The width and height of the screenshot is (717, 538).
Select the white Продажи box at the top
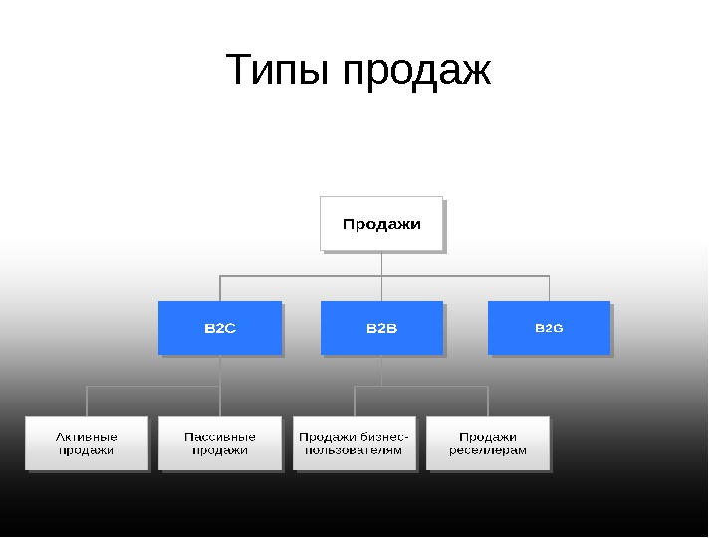click(381, 224)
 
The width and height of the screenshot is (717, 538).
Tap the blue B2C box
click(220, 328)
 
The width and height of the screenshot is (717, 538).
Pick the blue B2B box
click(381, 328)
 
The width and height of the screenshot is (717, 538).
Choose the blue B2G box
click(549, 328)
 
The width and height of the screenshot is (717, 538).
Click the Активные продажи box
click(87, 443)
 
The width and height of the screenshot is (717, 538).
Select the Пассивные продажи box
click(220, 443)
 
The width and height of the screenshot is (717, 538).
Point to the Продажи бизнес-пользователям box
click(355, 443)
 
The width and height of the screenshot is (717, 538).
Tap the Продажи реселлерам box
click(488, 443)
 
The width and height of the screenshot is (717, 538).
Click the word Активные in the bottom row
click(87, 436)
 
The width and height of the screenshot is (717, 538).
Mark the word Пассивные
click(220, 436)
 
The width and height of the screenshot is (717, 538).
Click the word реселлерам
click(488, 450)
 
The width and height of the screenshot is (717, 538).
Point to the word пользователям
click(355, 450)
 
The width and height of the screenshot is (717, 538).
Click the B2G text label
click(549, 328)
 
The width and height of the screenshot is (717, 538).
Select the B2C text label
click(220, 328)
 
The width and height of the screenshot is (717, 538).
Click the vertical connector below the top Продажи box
click(381, 263)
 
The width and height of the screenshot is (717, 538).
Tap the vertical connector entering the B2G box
click(549, 288)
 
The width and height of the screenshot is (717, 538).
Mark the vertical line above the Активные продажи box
click(87, 402)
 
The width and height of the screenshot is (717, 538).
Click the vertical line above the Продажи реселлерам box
click(488, 402)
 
